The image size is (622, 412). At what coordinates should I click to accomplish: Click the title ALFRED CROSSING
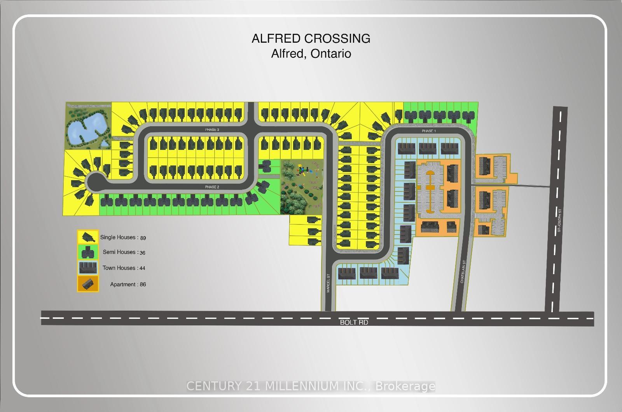(311, 38)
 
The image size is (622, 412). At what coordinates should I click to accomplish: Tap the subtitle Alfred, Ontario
(311, 53)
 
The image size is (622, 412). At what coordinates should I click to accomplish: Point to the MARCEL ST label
(328, 283)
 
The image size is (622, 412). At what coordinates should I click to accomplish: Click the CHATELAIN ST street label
(463, 272)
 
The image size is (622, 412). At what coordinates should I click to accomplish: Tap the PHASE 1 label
(429, 131)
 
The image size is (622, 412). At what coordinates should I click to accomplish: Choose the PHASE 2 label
(212, 187)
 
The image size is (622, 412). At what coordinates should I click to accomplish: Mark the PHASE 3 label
(212, 130)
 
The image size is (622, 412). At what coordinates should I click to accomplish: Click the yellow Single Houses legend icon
(88, 236)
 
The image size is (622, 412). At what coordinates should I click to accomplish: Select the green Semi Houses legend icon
(88, 252)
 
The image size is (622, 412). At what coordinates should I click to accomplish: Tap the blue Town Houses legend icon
(88, 268)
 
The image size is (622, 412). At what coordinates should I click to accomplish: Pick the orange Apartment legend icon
(88, 284)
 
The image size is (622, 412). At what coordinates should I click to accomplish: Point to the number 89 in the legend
(143, 238)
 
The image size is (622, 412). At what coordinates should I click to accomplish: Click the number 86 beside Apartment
(143, 284)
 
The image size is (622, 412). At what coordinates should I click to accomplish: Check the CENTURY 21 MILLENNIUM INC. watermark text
(311, 386)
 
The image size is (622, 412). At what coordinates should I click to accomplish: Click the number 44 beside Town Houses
(142, 268)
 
